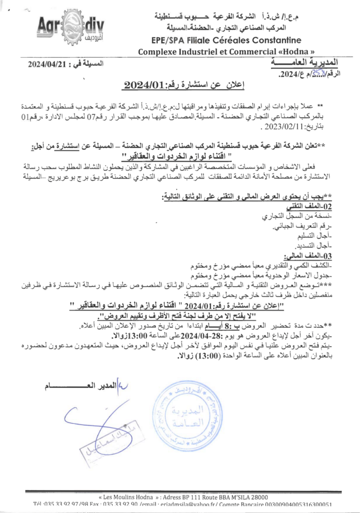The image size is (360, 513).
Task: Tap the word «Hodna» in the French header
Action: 300,51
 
